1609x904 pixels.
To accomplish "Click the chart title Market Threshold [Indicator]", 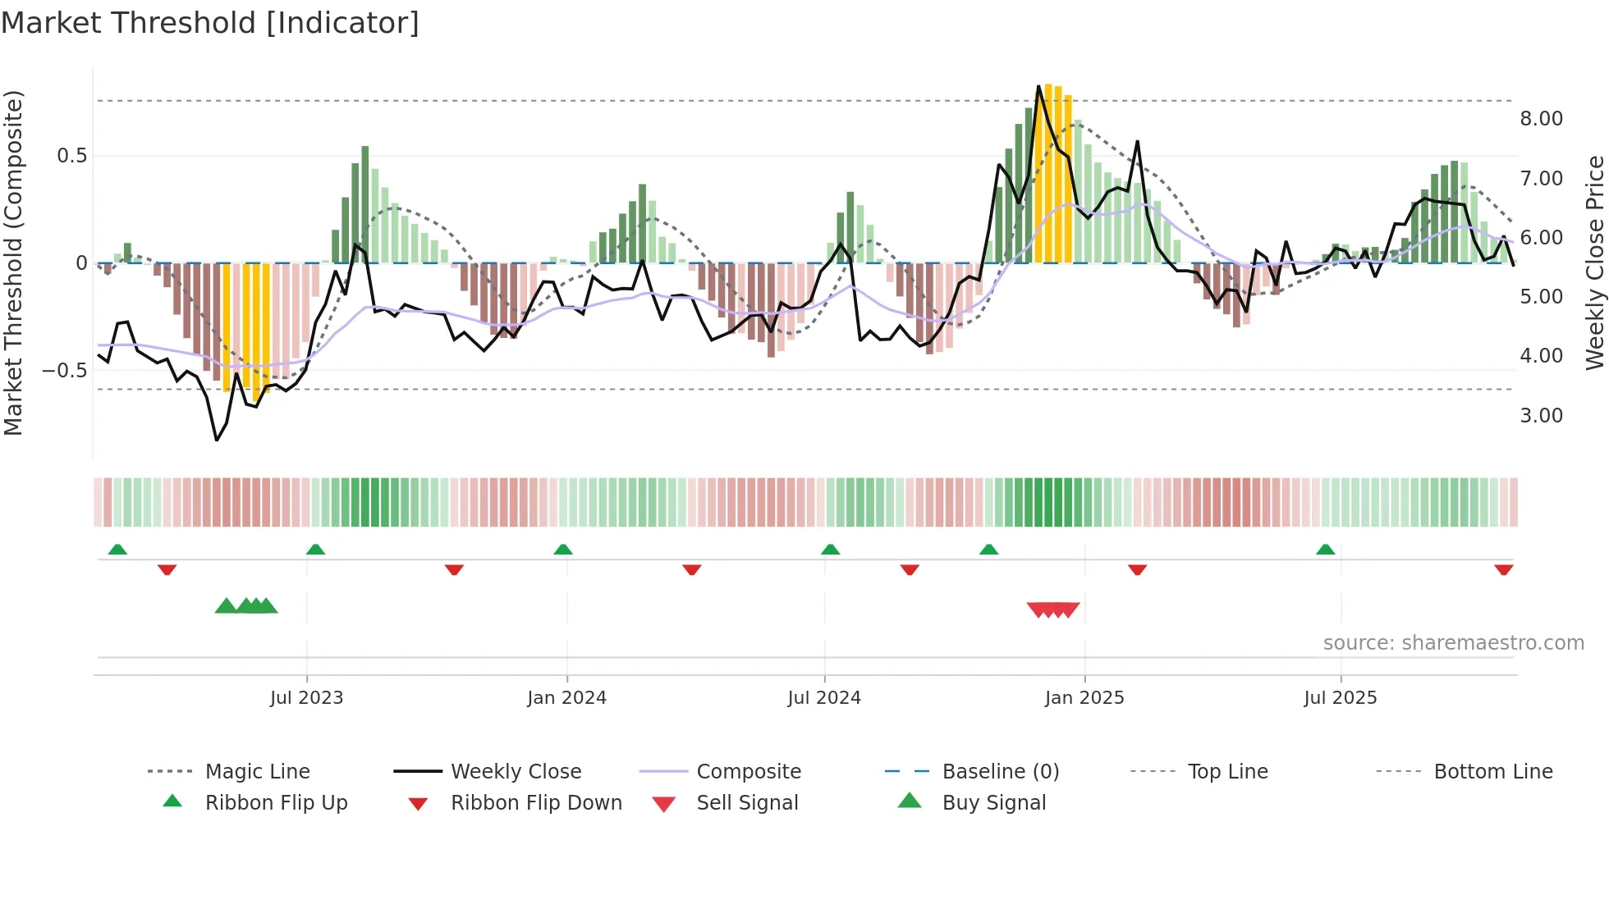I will coord(210,23).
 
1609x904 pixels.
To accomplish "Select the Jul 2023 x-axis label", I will coord(306,698).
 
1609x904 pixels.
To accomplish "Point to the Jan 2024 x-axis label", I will coord(566,698).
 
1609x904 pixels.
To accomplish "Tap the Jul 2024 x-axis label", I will coord(824,698).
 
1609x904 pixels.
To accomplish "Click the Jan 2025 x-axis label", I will coord(1084,698).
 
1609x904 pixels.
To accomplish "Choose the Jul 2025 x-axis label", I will coord(1341,698).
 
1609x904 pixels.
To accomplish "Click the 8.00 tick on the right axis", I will coord(1541,119).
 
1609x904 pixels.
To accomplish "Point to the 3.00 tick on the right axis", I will coord(1541,416).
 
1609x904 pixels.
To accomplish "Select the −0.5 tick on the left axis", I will coord(65,371).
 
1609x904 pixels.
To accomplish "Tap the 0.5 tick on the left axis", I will coord(71,156).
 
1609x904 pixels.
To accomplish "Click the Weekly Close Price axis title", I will coord(1594,263).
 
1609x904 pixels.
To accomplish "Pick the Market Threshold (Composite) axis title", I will coord(13,263).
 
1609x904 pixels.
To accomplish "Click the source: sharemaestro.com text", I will coord(1453,643).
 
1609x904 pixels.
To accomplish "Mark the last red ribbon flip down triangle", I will coord(1503,569).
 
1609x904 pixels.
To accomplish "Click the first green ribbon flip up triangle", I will coord(117,550).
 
